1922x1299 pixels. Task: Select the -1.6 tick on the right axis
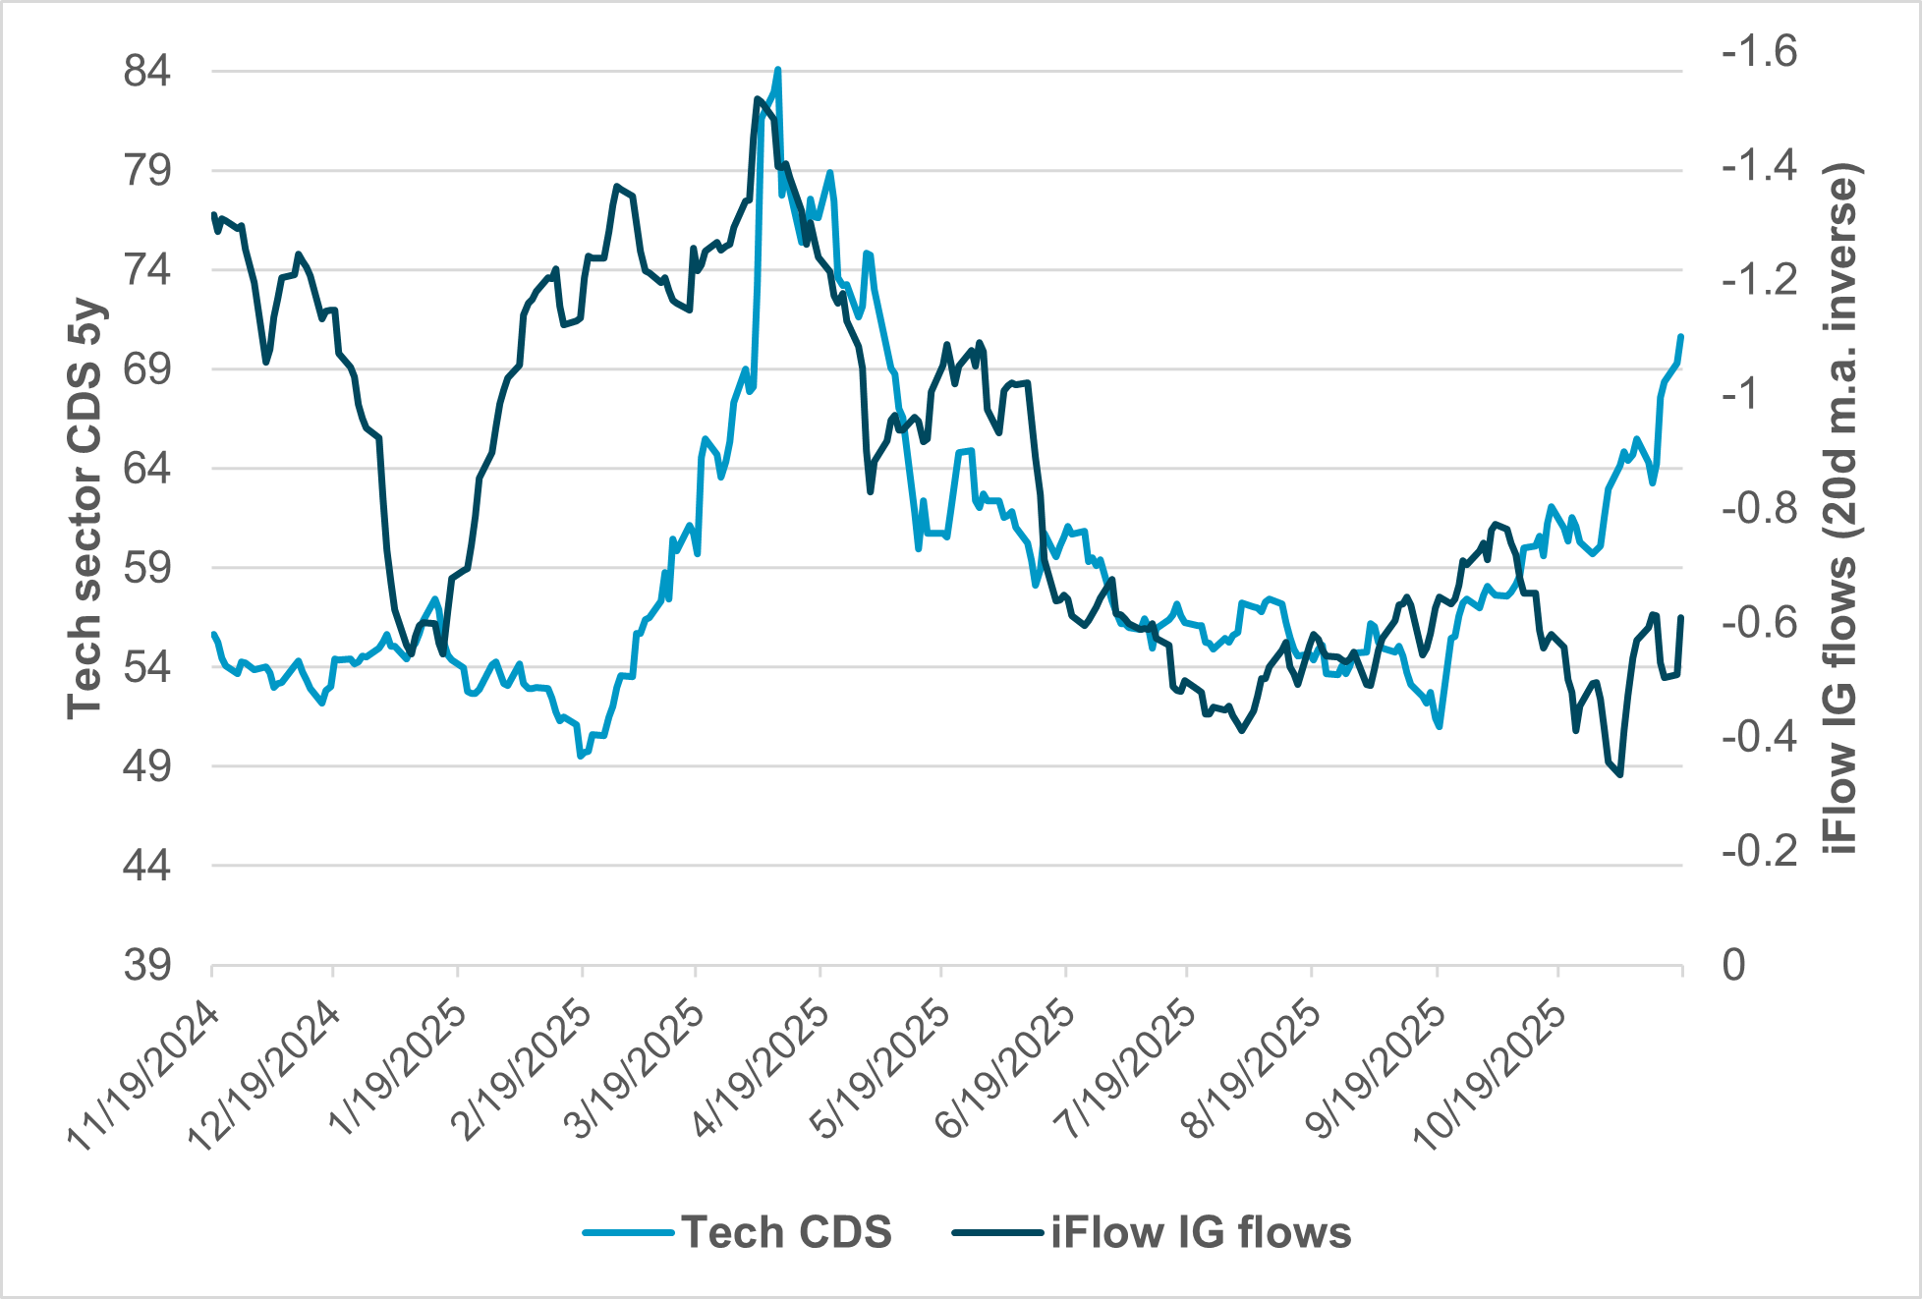tap(1759, 51)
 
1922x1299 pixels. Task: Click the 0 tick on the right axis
tap(1734, 966)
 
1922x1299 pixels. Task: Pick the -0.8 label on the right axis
tap(1759, 509)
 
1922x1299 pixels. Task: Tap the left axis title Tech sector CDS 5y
tap(85, 508)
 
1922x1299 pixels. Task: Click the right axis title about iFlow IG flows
tap(1839, 508)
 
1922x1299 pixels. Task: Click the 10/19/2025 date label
tap(1490, 1076)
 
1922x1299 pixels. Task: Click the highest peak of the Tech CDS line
tap(778, 70)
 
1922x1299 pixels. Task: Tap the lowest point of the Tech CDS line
tap(581, 756)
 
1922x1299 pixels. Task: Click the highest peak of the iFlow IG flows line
tap(758, 98)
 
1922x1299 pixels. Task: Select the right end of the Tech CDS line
tap(1681, 337)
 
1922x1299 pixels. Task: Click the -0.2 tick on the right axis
tap(1759, 851)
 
